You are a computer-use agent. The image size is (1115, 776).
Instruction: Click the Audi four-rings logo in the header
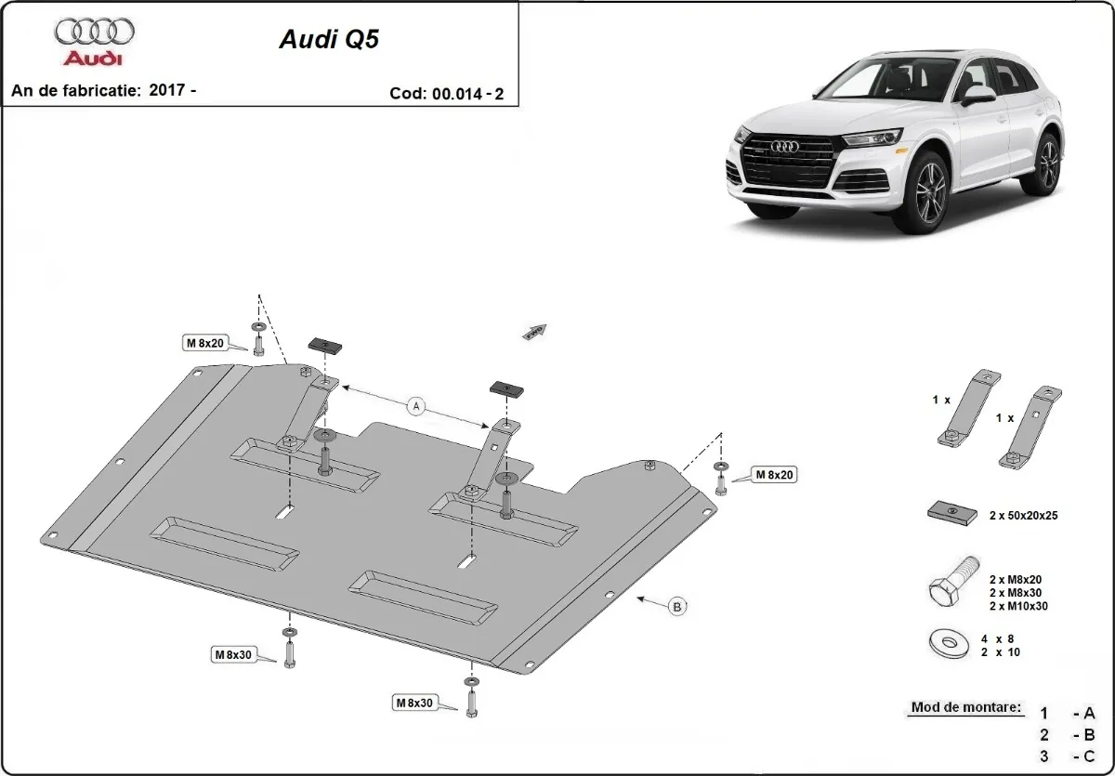[94, 33]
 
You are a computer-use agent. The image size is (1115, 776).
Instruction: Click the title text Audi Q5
[329, 41]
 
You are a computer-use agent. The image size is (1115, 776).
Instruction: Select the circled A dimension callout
[416, 405]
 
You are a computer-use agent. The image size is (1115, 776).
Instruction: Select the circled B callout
[677, 607]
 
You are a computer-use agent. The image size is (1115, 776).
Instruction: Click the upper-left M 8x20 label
[204, 344]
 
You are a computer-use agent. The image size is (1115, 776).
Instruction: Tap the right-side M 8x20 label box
[774, 475]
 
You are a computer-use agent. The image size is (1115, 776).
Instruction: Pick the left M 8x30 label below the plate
[234, 654]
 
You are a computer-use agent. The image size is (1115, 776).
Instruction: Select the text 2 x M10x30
[1020, 606]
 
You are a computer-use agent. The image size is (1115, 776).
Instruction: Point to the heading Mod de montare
[965, 707]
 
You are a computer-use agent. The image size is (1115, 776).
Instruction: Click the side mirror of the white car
[978, 93]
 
